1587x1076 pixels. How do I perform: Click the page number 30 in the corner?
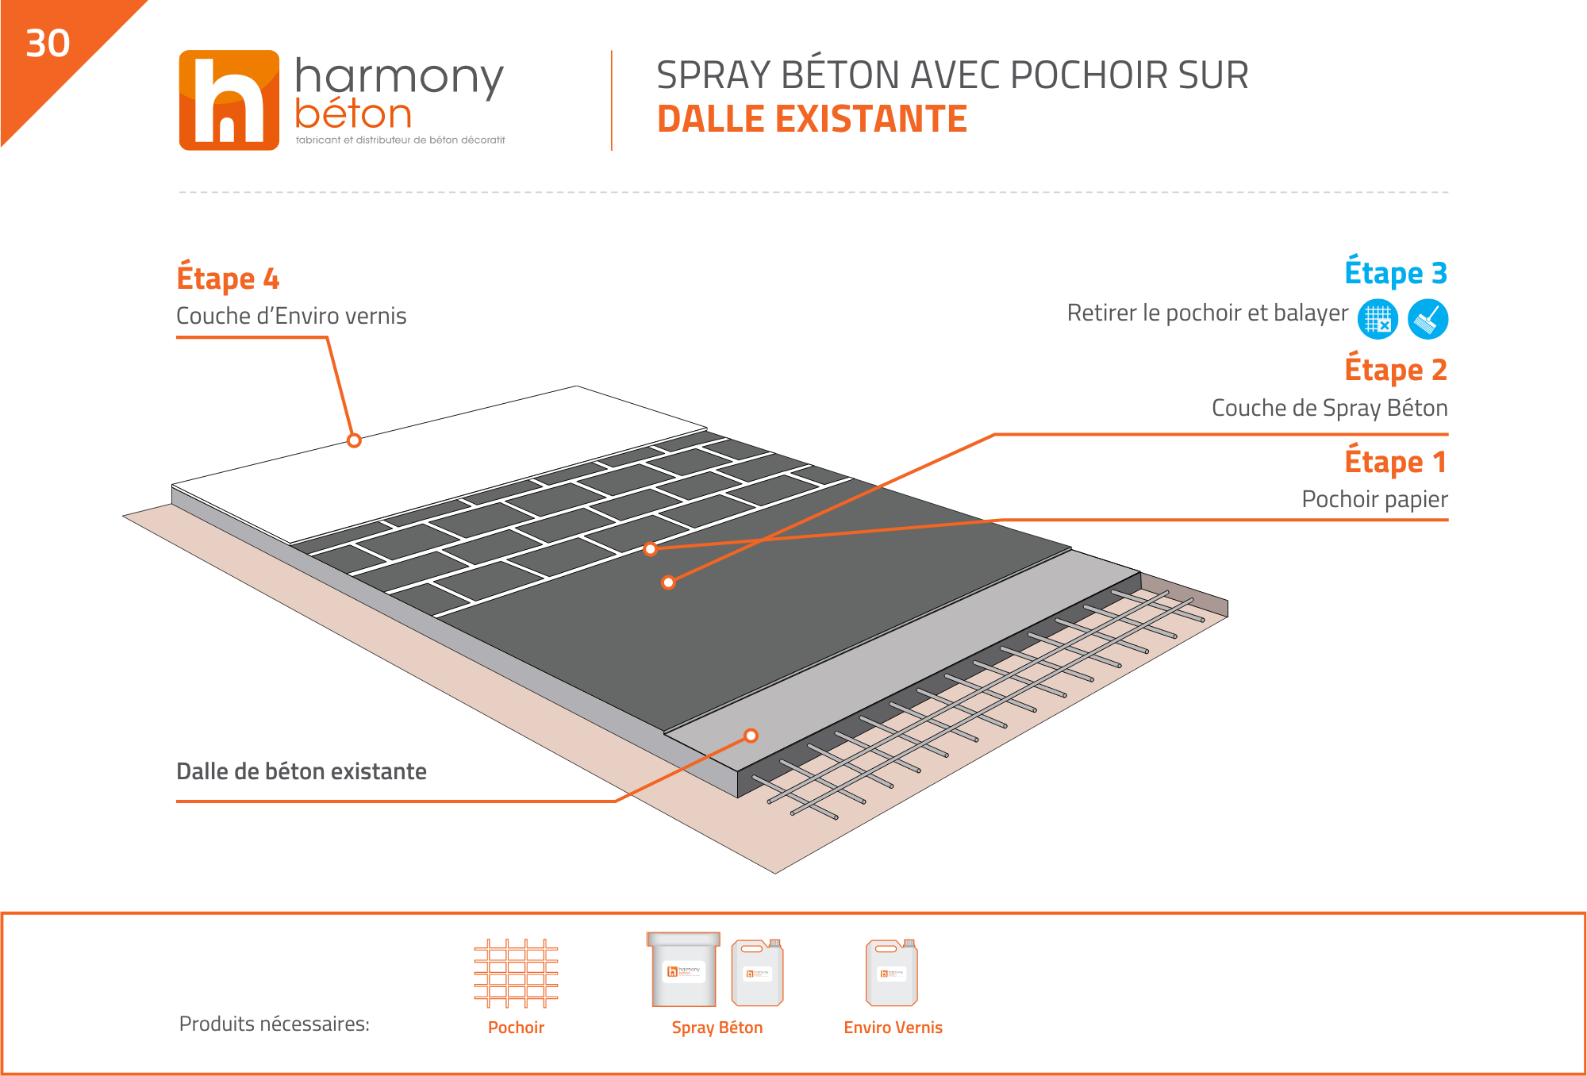point(48,43)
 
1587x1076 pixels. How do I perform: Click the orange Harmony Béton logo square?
point(229,100)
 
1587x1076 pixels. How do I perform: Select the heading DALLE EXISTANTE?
point(812,119)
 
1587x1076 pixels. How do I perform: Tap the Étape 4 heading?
point(228,278)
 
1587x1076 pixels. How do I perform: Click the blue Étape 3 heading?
point(1396,272)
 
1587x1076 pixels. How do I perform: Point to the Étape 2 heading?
point(1396,369)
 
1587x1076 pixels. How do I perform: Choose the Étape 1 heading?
point(1396,461)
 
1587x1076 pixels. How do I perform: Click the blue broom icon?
point(1428,319)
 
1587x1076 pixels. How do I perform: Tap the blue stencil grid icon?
point(1378,319)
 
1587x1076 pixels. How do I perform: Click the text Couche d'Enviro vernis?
point(291,316)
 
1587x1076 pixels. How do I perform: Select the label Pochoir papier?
point(1374,499)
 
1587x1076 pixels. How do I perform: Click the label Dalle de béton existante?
point(302,771)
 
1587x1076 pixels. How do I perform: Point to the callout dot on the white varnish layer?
point(354,440)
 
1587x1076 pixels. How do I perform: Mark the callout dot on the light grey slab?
point(751,736)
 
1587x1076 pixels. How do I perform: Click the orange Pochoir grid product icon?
point(516,974)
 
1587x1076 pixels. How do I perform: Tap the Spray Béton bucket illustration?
point(683,969)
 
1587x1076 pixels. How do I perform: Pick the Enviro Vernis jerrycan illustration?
point(892,972)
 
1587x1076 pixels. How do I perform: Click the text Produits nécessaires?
point(275,1024)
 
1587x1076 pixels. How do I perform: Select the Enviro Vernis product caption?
point(893,1028)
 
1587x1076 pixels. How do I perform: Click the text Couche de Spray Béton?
point(1329,408)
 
